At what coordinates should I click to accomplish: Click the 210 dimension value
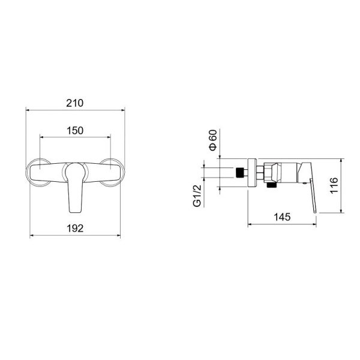[x=75, y=103]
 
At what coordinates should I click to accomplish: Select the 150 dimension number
[x=75, y=131]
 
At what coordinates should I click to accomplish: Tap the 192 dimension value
[x=75, y=229]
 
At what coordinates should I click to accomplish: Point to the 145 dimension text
[x=282, y=217]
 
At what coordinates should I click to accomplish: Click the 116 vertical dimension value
[x=334, y=185]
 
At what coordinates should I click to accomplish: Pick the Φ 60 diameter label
[x=213, y=140]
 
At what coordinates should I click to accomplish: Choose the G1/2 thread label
[x=197, y=196]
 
